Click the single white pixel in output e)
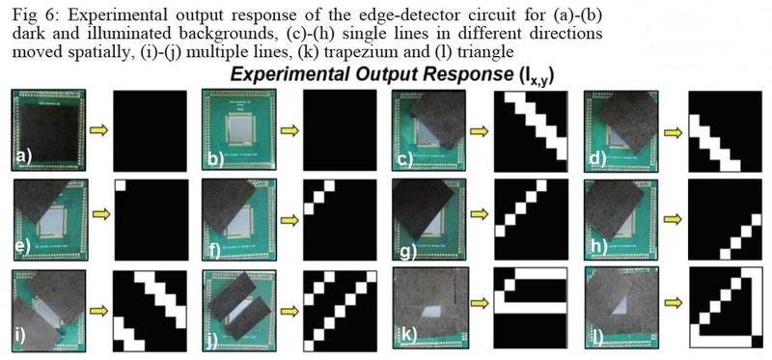[121, 183]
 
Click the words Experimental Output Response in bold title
[366, 74]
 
